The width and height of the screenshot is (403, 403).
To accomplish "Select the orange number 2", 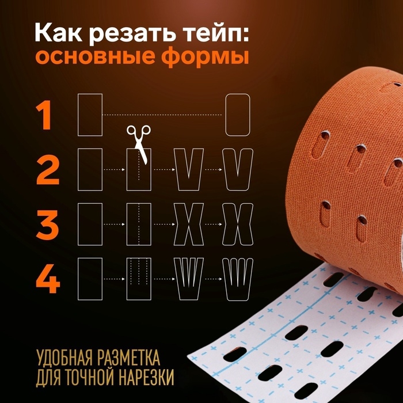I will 48,170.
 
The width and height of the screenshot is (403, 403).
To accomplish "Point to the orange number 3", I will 48,224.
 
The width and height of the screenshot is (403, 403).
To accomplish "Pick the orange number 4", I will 48,278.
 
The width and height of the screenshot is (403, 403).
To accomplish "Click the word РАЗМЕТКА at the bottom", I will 119,351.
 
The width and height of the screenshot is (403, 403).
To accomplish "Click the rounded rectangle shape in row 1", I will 238,115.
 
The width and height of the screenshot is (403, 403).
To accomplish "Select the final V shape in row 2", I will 238,170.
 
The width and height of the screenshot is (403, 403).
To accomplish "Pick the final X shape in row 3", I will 238,224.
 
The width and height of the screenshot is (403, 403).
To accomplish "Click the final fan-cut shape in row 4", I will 238,279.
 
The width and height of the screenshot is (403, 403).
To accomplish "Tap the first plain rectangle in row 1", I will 90,115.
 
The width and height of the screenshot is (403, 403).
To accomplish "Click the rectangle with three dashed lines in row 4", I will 139,279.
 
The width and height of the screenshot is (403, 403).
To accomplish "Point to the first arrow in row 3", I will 115,224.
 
